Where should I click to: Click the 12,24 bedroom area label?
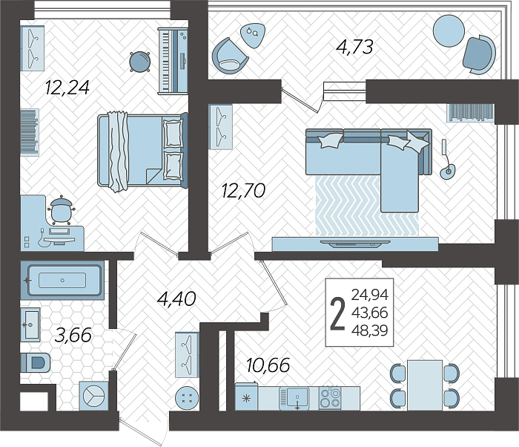tap(67, 88)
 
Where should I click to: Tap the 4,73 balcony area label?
tap(354, 47)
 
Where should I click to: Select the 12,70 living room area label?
tap(243, 191)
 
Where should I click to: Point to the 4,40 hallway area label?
tap(176, 298)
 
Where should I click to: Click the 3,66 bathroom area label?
tap(73, 335)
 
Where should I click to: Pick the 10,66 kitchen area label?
tap(268, 365)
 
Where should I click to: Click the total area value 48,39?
tap(370, 330)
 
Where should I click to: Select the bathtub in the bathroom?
tap(62, 280)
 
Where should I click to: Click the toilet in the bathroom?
tap(36, 362)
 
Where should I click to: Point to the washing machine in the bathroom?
tap(94, 396)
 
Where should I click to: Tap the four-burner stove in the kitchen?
tap(330, 398)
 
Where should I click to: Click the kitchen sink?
tap(294, 398)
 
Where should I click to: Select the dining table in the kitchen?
tap(425, 385)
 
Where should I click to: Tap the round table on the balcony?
tap(449, 31)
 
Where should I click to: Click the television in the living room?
tap(355, 244)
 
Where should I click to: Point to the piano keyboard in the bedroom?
tap(172, 62)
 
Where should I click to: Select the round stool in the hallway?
tap(187, 397)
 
